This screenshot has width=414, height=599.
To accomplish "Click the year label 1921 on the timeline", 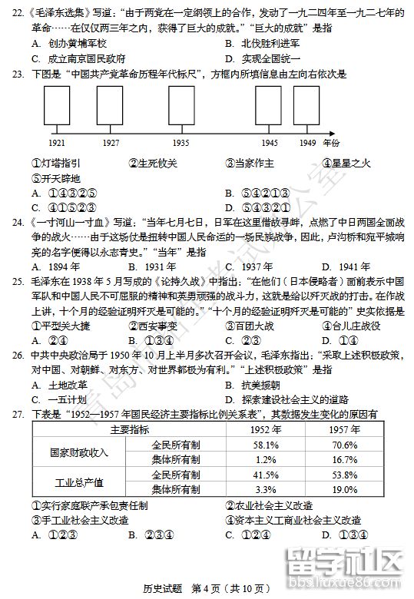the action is tap(56, 144).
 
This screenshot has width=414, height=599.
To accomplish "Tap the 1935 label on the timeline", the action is tap(181, 144).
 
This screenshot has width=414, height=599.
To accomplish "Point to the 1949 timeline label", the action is tap(306, 144).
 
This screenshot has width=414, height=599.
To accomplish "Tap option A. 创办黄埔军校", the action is tap(68, 43).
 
